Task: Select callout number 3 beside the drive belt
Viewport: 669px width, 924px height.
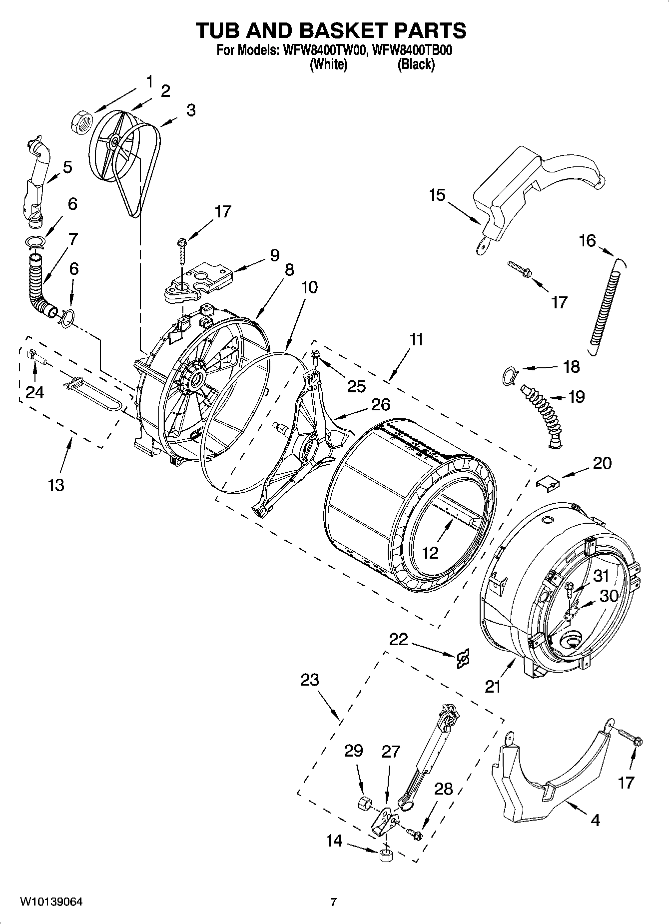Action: tap(190, 110)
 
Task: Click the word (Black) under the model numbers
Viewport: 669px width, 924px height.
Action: tap(416, 64)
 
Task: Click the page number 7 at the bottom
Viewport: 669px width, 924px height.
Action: tap(333, 902)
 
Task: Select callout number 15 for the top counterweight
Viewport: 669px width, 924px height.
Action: tap(437, 195)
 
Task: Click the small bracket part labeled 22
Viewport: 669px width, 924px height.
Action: tap(463, 659)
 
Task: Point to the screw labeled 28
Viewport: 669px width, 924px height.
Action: tap(415, 833)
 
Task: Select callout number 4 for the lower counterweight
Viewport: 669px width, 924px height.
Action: tap(595, 820)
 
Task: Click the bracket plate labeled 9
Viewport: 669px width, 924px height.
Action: tap(200, 282)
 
